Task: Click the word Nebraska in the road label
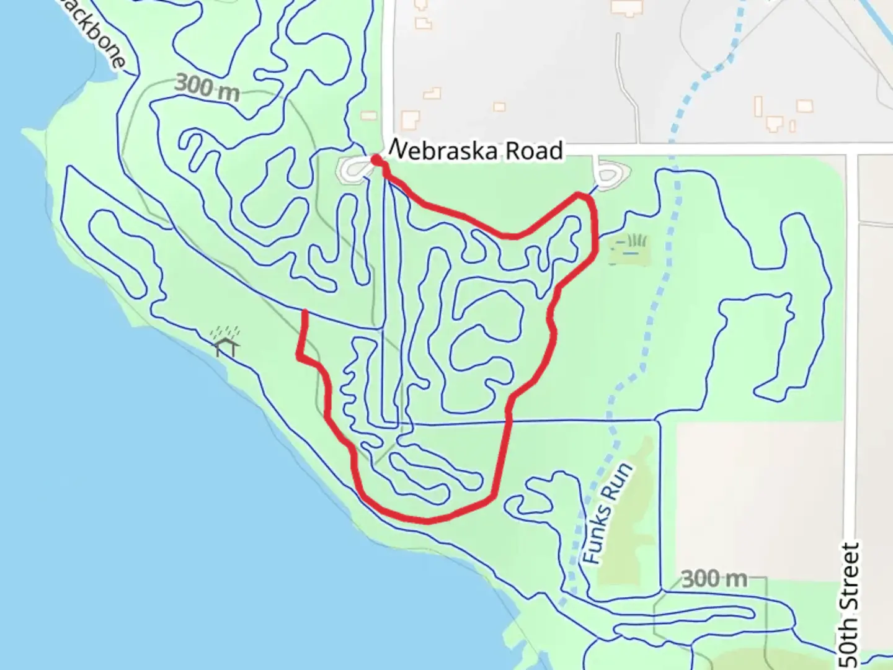443,151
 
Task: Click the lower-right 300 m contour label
714,579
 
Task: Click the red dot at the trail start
376,161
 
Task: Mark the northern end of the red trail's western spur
305,312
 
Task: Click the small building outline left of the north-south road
369,115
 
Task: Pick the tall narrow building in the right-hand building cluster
758,106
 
